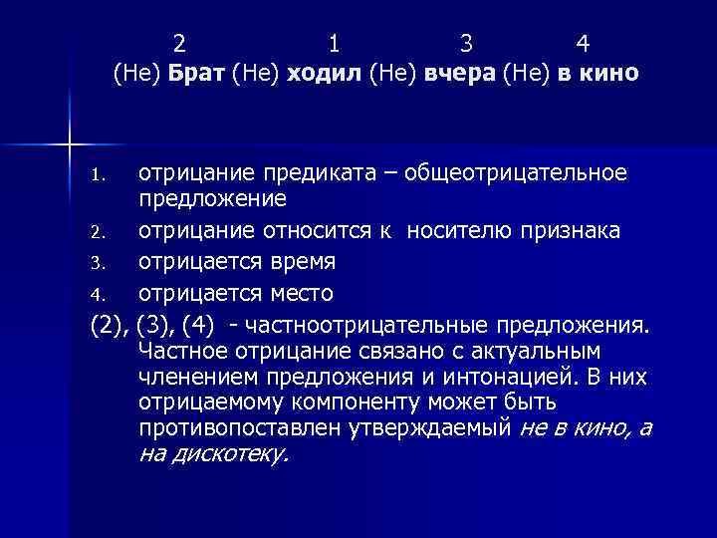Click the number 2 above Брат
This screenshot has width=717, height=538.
179,44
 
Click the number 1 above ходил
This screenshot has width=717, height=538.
334,44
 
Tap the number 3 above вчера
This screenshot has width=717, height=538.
466,44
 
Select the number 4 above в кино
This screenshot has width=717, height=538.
584,44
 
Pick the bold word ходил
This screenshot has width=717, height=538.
325,74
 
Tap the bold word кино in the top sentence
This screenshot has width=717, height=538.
611,74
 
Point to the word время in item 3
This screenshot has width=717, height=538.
302,263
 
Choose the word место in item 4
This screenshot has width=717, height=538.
300,294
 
